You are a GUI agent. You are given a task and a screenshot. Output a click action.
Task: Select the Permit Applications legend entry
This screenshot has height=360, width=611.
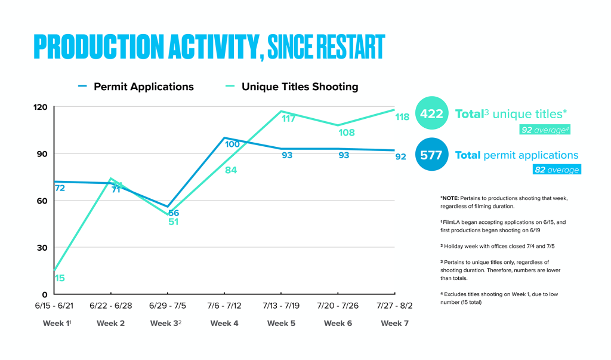tap(143, 87)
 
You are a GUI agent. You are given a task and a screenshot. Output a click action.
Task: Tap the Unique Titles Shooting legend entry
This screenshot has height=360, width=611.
tap(300, 87)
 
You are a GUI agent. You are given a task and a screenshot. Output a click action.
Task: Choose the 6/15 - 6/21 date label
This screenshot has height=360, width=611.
tap(54, 306)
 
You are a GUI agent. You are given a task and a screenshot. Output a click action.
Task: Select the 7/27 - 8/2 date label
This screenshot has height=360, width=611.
tap(394, 306)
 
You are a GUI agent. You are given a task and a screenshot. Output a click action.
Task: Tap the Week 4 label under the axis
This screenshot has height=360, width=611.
tap(224, 323)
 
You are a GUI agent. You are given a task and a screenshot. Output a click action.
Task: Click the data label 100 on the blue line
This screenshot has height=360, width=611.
tap(232, 144)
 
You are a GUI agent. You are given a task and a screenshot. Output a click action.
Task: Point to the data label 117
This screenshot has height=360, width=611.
tap(289, 118)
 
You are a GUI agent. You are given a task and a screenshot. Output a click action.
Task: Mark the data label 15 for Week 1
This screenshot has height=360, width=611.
tap(60, 278)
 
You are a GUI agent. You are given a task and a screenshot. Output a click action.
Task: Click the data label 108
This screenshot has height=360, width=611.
tap(347, 132)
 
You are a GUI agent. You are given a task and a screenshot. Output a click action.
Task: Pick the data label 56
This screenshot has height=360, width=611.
tap(174, 213)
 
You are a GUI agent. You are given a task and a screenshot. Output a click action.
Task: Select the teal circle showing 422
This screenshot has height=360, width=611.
tap(431, 113)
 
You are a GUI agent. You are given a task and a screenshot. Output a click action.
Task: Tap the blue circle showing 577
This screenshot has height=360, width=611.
tap(431, 155)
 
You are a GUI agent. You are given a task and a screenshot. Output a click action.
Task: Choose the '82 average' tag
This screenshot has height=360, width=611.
tap(556, 170)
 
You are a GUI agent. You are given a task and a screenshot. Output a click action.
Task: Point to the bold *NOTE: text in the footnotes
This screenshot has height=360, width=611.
tap(450, 196)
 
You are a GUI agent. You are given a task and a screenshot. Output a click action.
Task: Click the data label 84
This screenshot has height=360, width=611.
tap(232, 171)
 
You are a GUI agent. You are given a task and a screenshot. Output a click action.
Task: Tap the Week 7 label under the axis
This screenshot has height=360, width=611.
tap(394, 323)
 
